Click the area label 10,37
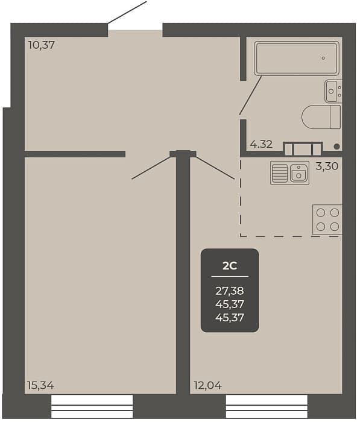42,45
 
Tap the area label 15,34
40,386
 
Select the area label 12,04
207,386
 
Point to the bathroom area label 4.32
261,145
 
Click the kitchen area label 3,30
327,166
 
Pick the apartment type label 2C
230,266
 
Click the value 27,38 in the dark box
230,291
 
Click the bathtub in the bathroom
297,58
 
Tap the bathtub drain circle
323,58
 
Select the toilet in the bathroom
321,117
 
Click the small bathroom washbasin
333,91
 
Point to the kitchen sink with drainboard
289,173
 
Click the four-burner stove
327,219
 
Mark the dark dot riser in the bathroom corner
336,146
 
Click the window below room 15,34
92,407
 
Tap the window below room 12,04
267,407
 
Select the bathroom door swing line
251,95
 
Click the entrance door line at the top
127,12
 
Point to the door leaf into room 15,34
152,167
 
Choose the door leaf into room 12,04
213,168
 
